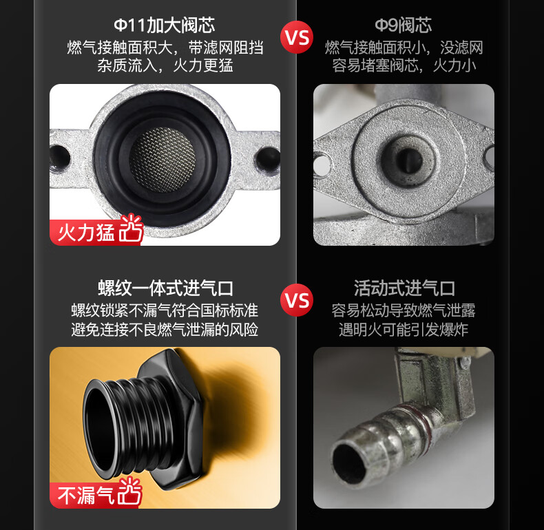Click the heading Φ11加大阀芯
click(x=165, y=25)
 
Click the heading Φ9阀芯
click(x=403, y=25)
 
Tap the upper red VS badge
click(x=297, y=37)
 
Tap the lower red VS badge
click(x=297, y=300)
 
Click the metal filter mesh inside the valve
click(x=162, y=160)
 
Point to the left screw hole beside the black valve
click(x=60, y=158)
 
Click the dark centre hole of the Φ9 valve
click(x=410, y=160)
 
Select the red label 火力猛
click(x=86, y=233)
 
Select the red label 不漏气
click(x=86, y=495)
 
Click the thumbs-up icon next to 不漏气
click(x=130, y=491)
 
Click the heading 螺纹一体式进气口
click(x=165, y=288)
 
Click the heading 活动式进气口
click(x=404, y=288)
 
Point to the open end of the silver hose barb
click(x=348, y=460)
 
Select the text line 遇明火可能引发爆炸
click(x=404, y=330)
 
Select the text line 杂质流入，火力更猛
click(x=165, y=65)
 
